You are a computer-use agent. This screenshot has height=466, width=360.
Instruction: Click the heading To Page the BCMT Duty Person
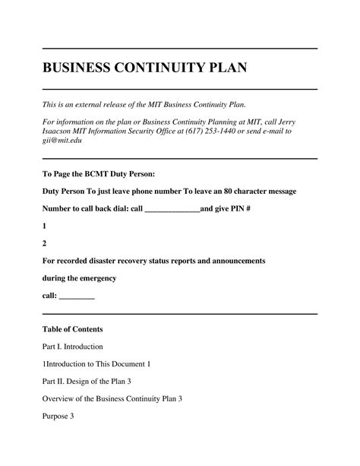pos(99,173)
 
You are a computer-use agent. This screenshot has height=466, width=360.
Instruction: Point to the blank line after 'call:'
pos(77,296)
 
